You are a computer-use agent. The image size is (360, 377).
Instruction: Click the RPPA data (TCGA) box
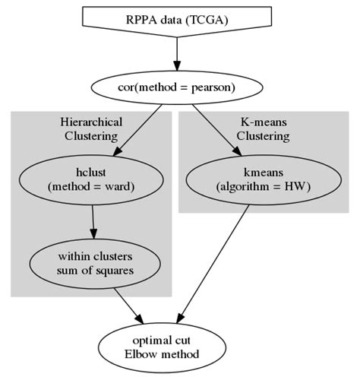point(176,21)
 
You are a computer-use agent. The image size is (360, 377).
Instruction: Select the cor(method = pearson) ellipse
point(176,87)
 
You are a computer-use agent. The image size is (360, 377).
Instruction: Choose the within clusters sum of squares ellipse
point(94,263)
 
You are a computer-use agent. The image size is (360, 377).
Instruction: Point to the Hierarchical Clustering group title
point(91,129)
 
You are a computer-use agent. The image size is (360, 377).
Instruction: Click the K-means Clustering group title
point(263,129)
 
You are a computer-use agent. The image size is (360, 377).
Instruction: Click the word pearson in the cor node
point(213,87)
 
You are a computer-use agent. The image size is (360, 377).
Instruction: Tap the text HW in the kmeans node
point(295,186)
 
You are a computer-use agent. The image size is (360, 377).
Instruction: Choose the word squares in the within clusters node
point(114,270)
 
